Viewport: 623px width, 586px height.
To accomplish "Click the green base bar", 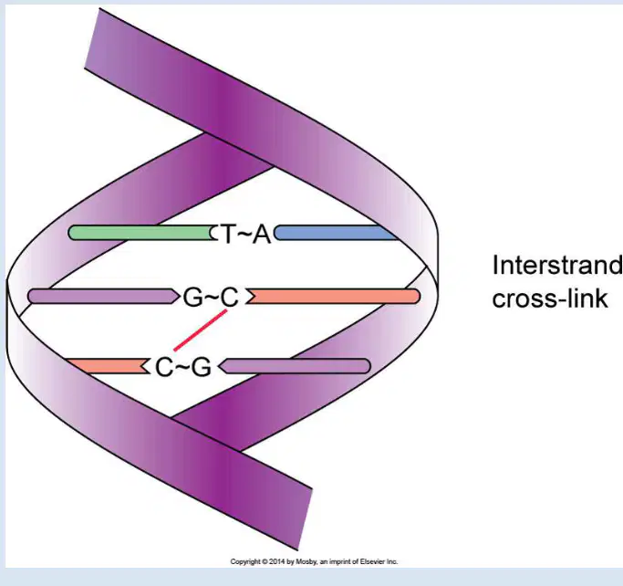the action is click(x=142, y=233).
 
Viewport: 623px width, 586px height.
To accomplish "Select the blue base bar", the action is click(x=337, y=233).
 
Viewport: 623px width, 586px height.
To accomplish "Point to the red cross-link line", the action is click(x=201, y=330).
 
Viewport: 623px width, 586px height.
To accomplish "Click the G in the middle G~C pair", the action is click(x=192, y=298).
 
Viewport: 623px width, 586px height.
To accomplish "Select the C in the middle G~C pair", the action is click(x=230, y=298).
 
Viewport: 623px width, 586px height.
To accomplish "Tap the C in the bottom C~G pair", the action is click(x=163, y=367).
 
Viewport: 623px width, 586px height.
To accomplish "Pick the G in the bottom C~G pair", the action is click(x=202, y=367).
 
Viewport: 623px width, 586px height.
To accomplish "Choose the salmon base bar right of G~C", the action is click(x=333, y=296).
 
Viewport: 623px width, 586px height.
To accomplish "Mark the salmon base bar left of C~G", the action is click(x=108, y=366).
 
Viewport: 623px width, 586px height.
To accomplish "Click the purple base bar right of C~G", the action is click(x=295, y=366).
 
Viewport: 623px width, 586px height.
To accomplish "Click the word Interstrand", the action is click(x=557, y=266).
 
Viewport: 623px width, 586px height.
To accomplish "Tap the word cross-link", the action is click(x=550, y=298).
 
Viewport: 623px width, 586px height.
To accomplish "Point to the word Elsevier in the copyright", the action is click(x=373, y=561).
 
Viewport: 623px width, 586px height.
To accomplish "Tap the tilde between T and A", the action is click(x=245, y=235).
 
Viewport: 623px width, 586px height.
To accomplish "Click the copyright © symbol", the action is click(x=265, y=561).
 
